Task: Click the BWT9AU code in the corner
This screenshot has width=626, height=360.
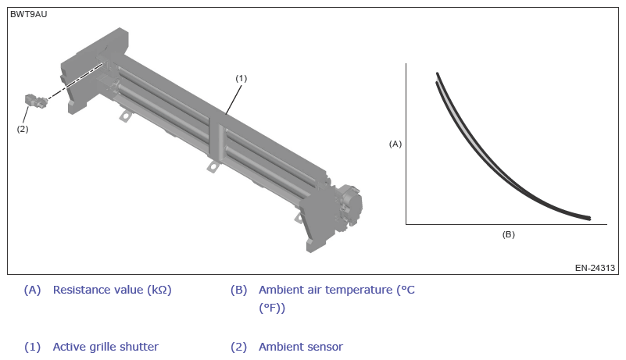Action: tap(28, 14)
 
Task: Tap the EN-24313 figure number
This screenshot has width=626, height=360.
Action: tap(595, 268)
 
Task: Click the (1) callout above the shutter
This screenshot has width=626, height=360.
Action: tap(241, 78)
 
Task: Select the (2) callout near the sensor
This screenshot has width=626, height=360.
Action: tap(23, 129)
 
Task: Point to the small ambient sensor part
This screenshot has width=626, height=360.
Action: tap(35, 101)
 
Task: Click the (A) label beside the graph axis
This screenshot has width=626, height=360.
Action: tap(395, 144)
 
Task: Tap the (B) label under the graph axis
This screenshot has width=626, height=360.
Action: tap(508, 234)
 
